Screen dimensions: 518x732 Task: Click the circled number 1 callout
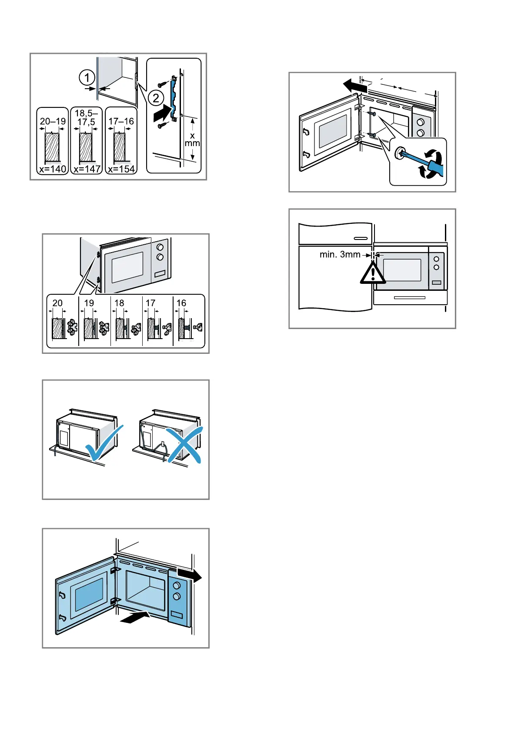[x=87, y=78]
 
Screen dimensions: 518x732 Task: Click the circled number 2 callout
[x=156, y=98]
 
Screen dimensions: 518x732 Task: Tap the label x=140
[x=52, y=169]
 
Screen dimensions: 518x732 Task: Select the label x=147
[x=87, y=169]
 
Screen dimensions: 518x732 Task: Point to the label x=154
[x=121, y=169]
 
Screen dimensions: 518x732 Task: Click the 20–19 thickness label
[x=53, y=121]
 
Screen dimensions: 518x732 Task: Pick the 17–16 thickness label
[x=121, y=121]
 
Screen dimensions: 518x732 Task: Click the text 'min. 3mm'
[x=340, y=254]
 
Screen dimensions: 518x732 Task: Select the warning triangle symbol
[x=373, y=273]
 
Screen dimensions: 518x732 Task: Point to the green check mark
[x=104, y=443]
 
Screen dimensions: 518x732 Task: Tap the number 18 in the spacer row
[x=119, y=303]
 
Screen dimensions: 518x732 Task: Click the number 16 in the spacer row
[x=181, y=303]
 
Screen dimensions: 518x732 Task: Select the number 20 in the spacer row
[x=57, y=303]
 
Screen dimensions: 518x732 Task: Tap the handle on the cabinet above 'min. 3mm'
[x=361, y=238]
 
